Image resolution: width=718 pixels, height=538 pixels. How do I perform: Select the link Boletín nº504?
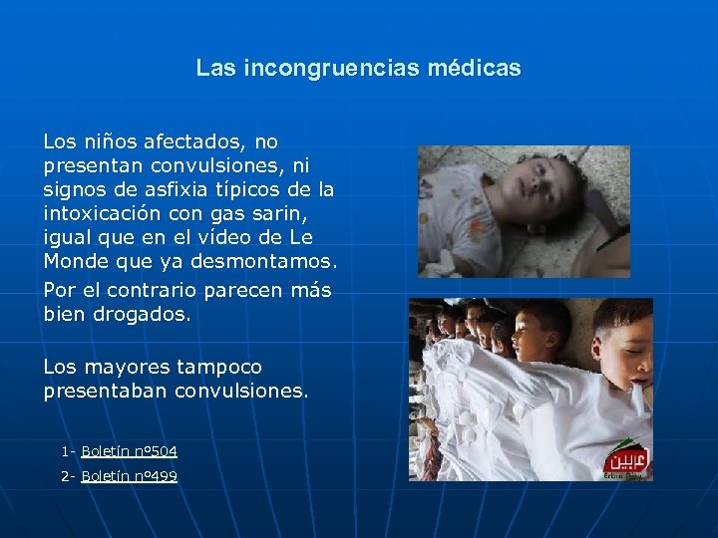click(129, 451)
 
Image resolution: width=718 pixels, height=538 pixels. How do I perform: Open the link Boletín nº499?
click(129, 476)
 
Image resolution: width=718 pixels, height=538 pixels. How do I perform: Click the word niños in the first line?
click(106, 141)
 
